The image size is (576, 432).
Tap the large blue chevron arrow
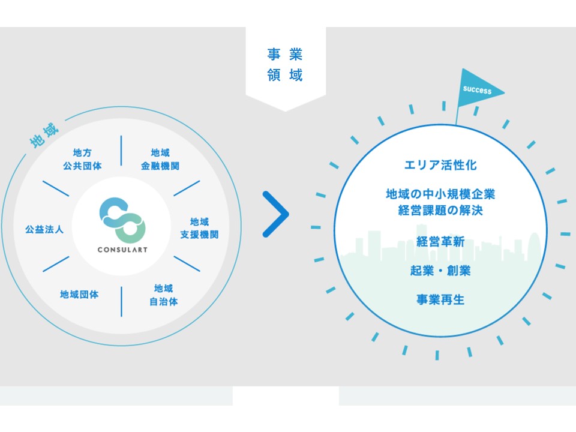coord(275,214)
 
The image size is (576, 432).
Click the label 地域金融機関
coord(160,159)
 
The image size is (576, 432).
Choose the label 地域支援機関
coord(199,228)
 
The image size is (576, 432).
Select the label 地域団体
coord(79,295)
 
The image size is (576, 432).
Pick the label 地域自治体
coord(163,295)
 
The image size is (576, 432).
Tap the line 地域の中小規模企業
coord(441,194)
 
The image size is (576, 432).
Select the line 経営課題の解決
coord(441,211)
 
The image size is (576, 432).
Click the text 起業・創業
coord(441,271)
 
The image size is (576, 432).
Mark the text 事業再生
coord(441,299)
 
